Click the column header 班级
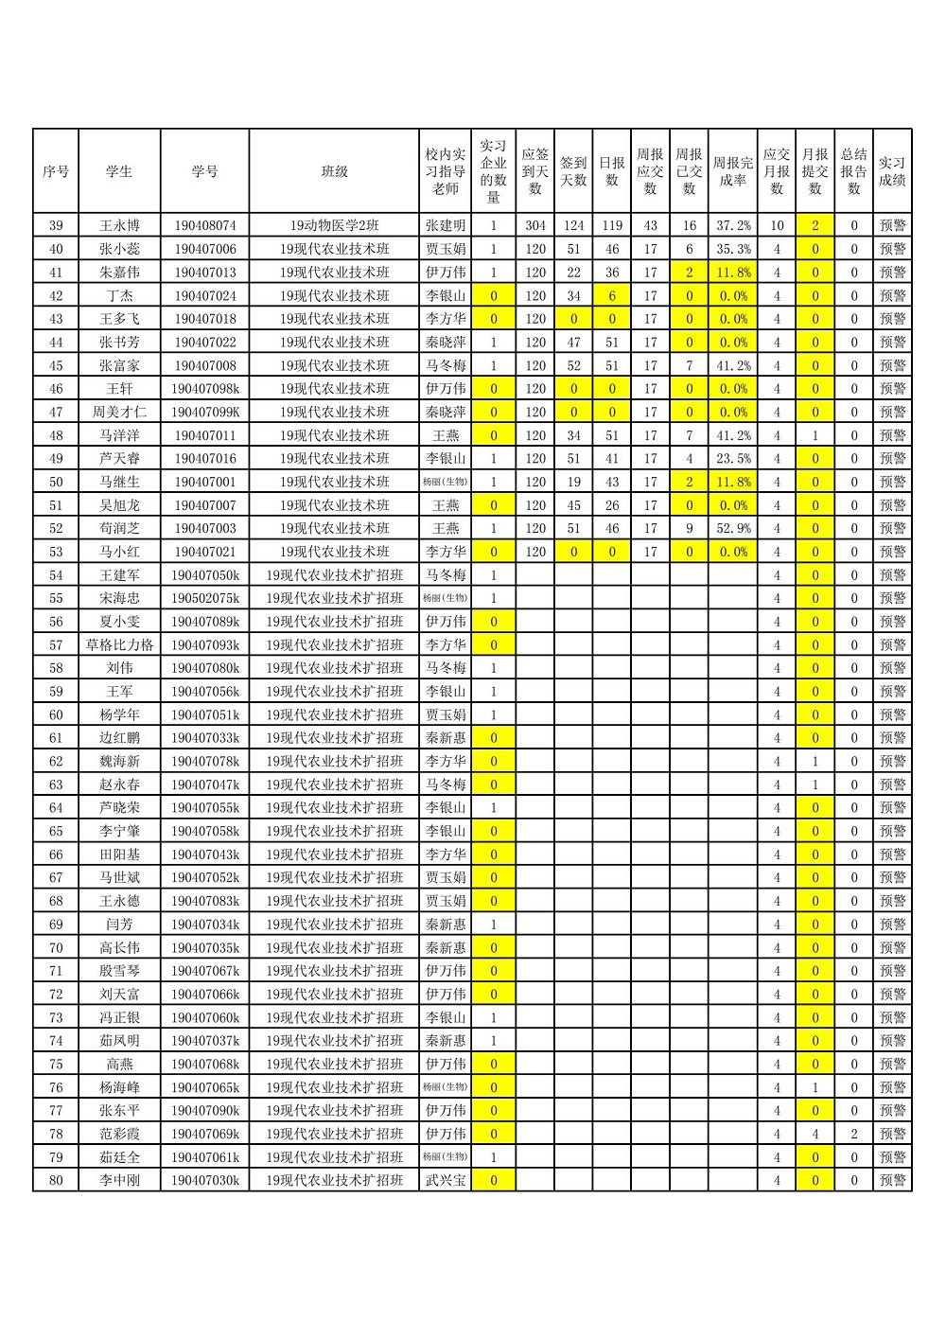point(334,171)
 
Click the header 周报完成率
point(733,171)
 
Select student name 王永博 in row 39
point(119,225)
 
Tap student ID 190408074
point(205,225)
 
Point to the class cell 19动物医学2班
point(334,225)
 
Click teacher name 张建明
point(446,225)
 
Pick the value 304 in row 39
point(535,225)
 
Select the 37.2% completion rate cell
point(733,225)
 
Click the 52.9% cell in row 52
point(733,528)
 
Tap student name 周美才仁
point(119,412)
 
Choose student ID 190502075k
point(205,598)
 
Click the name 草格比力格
point(119,644)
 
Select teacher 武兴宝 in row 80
point(446,1180)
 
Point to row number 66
point(56,854)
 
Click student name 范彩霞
point(119,1134)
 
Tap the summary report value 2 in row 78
point(853,1134)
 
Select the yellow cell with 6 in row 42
point(612,295)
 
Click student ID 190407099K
point(205,412)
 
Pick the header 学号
point(205,171)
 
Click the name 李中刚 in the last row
point(119,1180)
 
